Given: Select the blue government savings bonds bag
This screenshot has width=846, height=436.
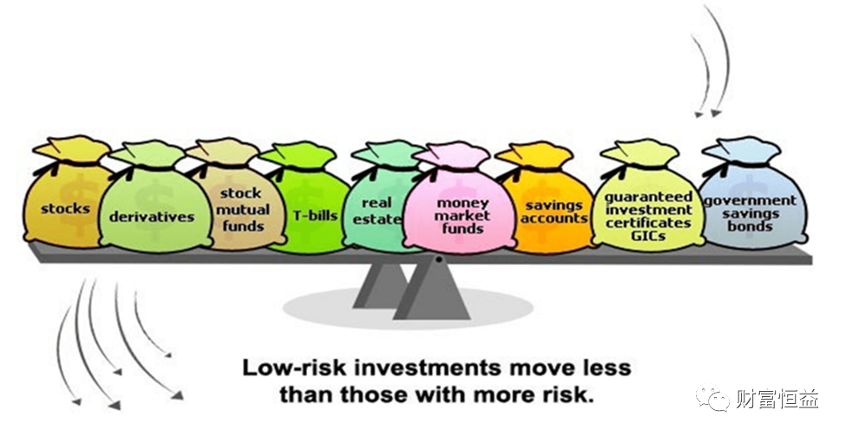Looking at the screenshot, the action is tap(750, 208).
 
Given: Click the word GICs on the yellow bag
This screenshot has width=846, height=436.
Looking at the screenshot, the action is tap(648, 235).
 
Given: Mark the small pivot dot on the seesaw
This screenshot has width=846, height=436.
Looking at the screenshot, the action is tap(440, 259).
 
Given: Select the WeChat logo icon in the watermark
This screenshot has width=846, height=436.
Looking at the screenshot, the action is tap(718, 400).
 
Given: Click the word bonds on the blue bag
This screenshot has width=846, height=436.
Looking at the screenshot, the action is tap(750, 226).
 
